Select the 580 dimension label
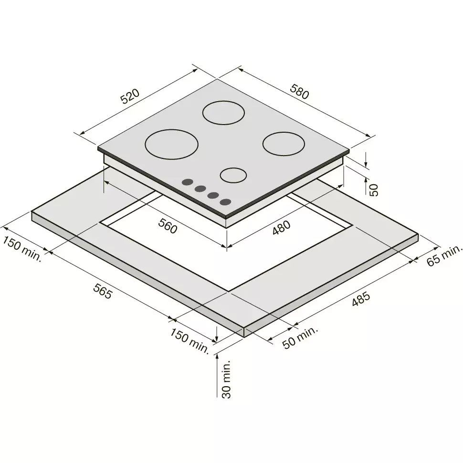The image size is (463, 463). [x=299, y=91]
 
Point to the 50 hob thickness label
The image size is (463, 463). [x=374, y=190]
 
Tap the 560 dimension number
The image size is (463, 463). [x=168, y=226]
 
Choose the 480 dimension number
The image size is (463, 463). [x=282, y=228]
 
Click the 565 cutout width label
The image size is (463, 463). [x=103, y=291]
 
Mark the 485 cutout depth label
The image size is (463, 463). [x=361, y=298]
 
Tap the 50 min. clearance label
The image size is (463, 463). [x=300, y=337]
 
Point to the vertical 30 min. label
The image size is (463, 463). [x=226, y=379]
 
